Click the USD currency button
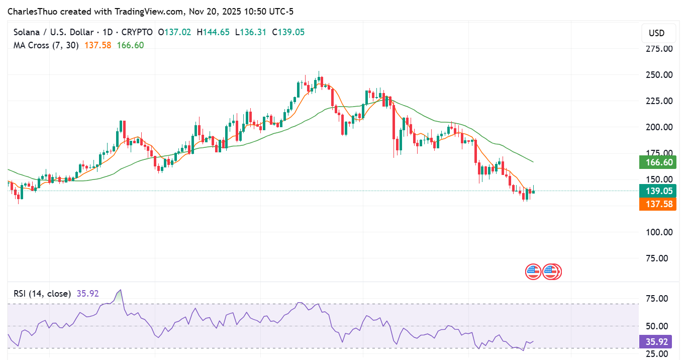point(656,33)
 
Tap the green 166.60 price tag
point(657,162)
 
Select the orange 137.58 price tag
point(657,204)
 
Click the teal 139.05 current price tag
point(657,191)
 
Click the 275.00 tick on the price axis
point(659,49)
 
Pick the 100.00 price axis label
point(659,232)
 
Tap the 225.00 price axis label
point(659,101)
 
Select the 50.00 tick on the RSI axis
point(657,326)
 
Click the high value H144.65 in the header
point(213,32)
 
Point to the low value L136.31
point(251,32)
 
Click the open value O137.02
point(174,32)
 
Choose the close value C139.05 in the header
point(288,32)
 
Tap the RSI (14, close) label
point(42,294)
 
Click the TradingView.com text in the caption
point(144,11)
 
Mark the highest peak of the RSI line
point(119,290)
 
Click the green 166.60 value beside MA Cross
point(130,45)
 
